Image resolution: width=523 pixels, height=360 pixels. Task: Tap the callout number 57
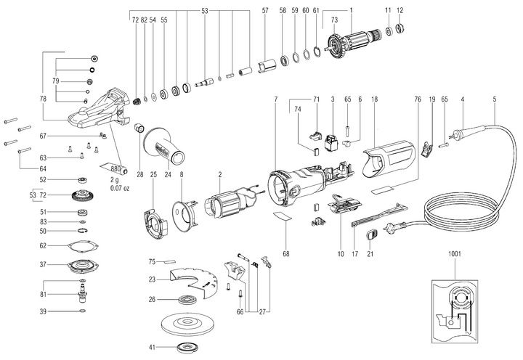point(265,11)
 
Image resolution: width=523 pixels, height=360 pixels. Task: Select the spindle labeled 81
point(83,292)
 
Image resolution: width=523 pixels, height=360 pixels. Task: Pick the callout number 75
point(152,261)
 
